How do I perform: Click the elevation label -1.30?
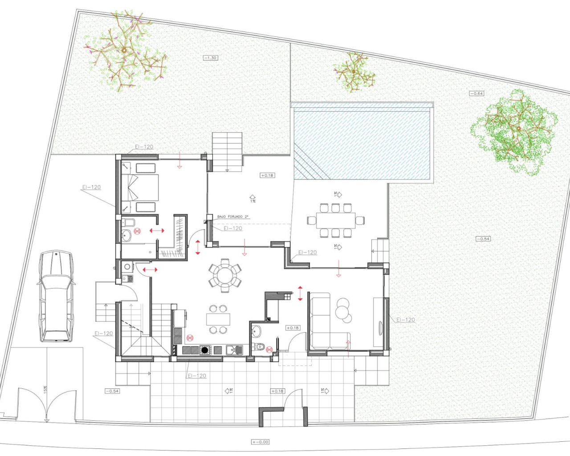coord(210,58)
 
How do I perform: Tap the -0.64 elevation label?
coord(476,94)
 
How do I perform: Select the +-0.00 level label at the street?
coord(260,442)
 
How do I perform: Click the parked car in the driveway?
coord(56,296)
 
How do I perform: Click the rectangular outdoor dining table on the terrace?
coord(336,220)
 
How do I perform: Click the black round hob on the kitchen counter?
coord(204,350)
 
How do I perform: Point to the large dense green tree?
coord(514,131)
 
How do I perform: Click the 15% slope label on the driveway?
coord(45,390)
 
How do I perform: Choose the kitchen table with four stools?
coord(218,319)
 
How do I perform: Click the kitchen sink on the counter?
coord(234,350)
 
